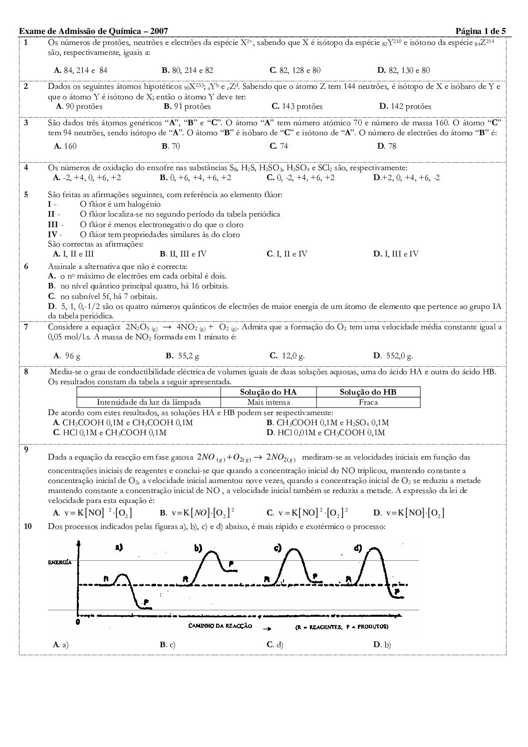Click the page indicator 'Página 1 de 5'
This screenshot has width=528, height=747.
click(x=481, y=31)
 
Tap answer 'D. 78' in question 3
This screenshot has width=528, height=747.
click(x=387, y=146)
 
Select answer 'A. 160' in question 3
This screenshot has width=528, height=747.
click(x=65, y=146)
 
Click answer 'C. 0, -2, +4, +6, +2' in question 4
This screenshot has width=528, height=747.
click(x=300, y=178)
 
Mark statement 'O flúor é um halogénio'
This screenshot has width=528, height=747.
click(x=120, y=204)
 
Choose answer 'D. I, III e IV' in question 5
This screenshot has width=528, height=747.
click(x=396, y=253)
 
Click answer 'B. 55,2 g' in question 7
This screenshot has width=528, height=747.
click(x=182, y=356)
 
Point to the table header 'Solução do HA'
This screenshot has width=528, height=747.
click(x=268, y=392)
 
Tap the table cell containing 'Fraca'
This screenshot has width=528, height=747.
click(x=368, y=402)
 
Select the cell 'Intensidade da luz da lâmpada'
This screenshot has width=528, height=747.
click(x=149, y=402)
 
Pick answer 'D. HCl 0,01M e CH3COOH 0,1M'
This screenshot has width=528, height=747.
click(x=326, y=433)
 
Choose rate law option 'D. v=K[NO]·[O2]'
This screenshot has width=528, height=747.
click(x=408, y=512)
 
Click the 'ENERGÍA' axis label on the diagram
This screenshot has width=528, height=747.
click(x=60, y=562)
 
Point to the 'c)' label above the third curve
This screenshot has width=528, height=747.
click(x=278, y=548)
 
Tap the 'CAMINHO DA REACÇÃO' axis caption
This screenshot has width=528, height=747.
click(x=220, y=626)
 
